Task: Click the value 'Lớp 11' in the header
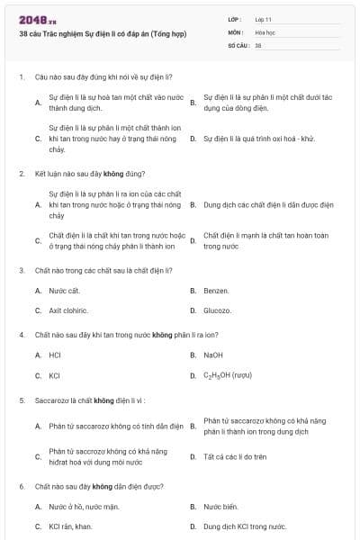(264, 19)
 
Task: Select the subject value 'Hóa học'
(265, 31)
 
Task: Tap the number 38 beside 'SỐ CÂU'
(258, 45)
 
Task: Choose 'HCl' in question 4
(55, 355)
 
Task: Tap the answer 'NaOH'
(213, 355)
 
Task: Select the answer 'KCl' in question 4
(54, 375)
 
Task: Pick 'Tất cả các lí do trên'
(235, 457)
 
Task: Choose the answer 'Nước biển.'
(220, 507)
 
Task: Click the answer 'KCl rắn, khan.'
(71, 526)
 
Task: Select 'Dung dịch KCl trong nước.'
(245, 526)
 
